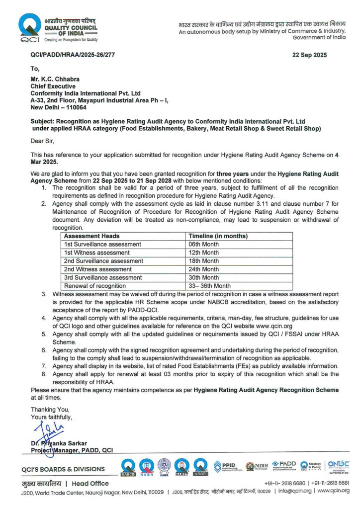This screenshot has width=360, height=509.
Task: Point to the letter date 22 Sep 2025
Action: (x=310, y=55)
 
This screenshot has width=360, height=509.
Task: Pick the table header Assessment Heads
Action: (x=92, y=236)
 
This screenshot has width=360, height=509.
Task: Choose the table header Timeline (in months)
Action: (x=218, y=236)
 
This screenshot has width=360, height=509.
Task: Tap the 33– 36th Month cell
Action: (x=209, y=286)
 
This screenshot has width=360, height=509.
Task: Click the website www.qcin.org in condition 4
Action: (x=288, y=325)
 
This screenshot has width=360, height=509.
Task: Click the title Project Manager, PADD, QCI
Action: (x=72, y=450)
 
